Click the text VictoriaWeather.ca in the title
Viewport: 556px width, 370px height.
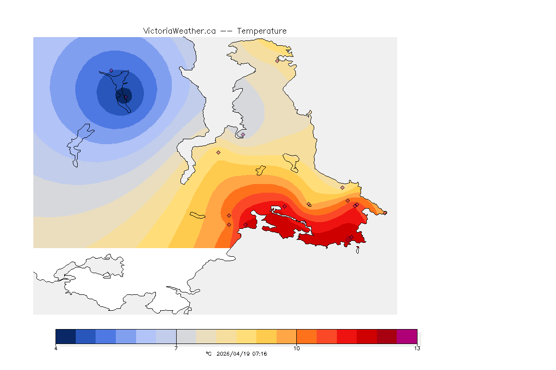pyautogui.click(x=179, y=31)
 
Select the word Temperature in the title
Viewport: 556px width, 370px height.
pyautogui.click(x=262, y=31)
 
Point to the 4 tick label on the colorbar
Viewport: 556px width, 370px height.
pyautogui.click(x=56, y=348)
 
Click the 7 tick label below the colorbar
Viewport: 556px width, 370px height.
pyautogui.click(x=176, y=348)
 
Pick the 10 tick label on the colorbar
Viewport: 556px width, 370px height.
pyautogui.click(x=296, y=348)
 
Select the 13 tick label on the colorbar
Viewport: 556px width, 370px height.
pyautogui.click(x=417, y=348)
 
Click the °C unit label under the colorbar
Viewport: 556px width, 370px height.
pyautogui.click(x=208, y=354)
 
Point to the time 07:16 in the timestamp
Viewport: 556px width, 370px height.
pyautogui.click(x=259, y=354)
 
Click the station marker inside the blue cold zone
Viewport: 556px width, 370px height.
pyautogui.click(x=111, y=70)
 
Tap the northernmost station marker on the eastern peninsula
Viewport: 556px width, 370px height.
pyautogui.click(x=278, y=60)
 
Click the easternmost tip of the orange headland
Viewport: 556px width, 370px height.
pyautogui.click(x=386, y=212)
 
